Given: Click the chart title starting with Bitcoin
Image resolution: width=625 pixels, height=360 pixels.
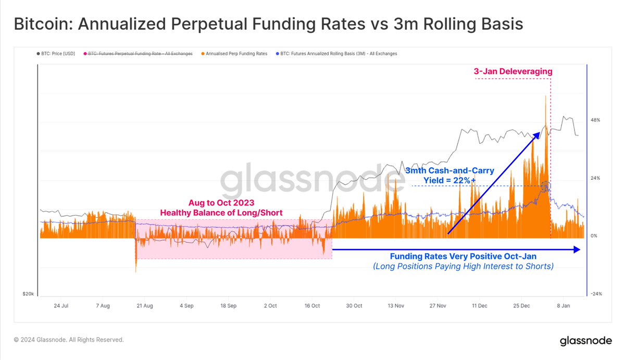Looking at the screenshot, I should tap(268, 24).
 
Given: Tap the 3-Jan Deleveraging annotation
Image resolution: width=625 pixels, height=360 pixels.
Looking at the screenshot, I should tap(513, 71).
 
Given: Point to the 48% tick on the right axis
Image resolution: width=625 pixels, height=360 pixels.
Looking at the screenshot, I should tap(595, 120).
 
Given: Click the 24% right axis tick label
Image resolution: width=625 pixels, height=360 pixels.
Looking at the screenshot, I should tap(595, 178).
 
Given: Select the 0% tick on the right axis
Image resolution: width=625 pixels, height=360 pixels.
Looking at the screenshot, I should tap(593, 235).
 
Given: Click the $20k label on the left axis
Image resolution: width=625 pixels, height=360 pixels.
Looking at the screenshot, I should tap(28, 294).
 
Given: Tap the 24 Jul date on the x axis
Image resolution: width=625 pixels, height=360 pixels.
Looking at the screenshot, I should tap(61, 306).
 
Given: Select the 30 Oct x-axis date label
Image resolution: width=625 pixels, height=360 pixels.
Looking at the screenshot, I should tap(354, 306).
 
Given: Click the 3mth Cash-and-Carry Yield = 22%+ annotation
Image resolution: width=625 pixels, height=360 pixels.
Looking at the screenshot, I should tap(450, 175).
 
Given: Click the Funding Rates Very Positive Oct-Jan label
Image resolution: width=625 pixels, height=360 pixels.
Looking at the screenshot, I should tap(463, 256).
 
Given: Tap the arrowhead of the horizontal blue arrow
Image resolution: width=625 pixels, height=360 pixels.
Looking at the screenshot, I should tap(577, 250).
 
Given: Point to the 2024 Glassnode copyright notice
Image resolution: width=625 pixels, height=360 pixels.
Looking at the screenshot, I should tap(69, 340).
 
